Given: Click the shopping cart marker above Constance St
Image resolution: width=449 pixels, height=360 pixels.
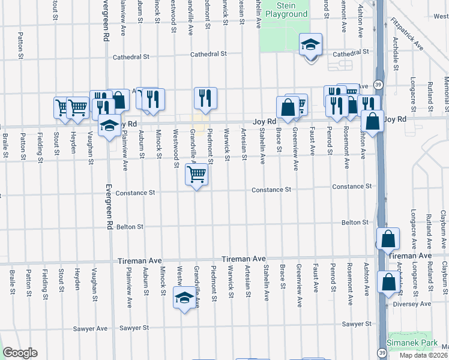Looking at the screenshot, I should (x=197, y=175).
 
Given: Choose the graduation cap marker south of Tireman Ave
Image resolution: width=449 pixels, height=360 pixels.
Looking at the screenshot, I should (x=184, y=296).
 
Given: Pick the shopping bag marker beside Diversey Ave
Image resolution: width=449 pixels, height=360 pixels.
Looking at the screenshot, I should (x=388, y=281).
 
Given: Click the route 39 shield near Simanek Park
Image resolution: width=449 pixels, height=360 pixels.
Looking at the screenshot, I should (x=382, y=353).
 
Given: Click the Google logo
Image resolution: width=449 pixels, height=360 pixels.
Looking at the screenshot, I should (x=20, y=353).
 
